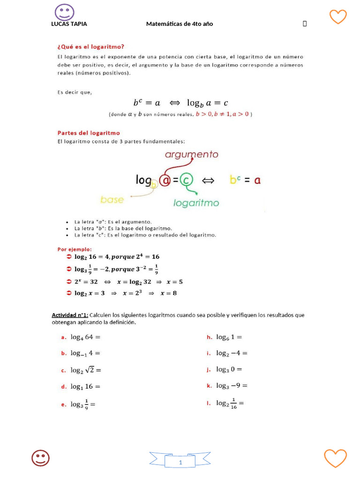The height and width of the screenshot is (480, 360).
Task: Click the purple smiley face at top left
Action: (64, 12)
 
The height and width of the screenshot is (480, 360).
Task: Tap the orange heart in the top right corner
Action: (338, 16)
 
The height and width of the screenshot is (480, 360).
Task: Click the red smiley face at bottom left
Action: (41, 458)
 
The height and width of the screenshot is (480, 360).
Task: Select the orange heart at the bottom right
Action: (335, 457)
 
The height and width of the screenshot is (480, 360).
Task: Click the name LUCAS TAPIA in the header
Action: (69, 24)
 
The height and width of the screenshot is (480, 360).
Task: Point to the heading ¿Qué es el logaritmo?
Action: (90, 46)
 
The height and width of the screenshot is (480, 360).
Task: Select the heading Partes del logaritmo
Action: (89, 133)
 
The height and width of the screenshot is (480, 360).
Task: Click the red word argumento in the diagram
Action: (191, 154)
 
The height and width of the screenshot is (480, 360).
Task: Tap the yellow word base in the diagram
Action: (112, 200)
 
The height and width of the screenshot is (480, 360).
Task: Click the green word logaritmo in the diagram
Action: (196, 203)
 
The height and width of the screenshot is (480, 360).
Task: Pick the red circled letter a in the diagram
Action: (165, 180)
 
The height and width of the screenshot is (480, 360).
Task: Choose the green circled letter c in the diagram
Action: (187, 180)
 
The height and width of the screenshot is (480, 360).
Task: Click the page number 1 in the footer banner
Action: (180, 463)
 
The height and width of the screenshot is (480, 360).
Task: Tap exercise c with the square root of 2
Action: (86, 370)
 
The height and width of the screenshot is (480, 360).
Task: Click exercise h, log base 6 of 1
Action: (229, 337)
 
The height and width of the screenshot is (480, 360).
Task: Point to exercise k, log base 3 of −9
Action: (232, 386)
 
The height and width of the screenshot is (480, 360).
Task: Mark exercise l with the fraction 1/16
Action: (230, 403)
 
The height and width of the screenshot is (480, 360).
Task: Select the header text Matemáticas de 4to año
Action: (180, 24)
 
